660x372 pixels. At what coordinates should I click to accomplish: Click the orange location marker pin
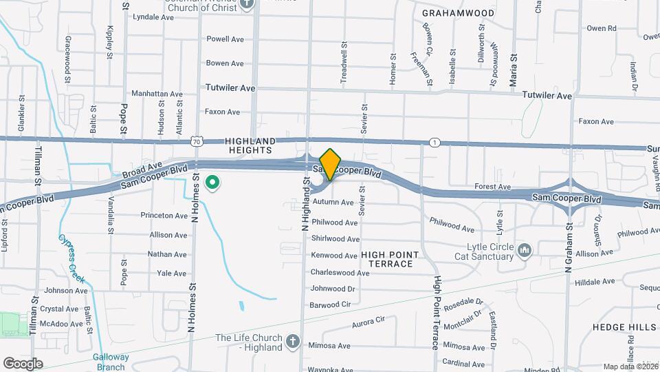point(330,164)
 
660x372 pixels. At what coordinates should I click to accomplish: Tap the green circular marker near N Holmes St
point(213,183)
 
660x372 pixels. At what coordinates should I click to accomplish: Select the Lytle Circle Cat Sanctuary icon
point(525,249)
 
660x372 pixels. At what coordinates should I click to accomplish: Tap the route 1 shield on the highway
point(434,142)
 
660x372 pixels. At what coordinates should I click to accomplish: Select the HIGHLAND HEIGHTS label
point(250,145)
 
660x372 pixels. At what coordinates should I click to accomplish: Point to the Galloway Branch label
point(111,361)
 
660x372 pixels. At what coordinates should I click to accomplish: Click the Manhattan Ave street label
point(157,94)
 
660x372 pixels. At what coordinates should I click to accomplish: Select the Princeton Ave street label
point(164,216)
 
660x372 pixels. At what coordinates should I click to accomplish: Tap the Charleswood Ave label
point(340,273)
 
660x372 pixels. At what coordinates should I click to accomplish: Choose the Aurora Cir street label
point(368,322)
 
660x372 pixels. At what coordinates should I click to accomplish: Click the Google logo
point(23,363)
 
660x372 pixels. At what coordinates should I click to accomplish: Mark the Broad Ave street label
point(142,167)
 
